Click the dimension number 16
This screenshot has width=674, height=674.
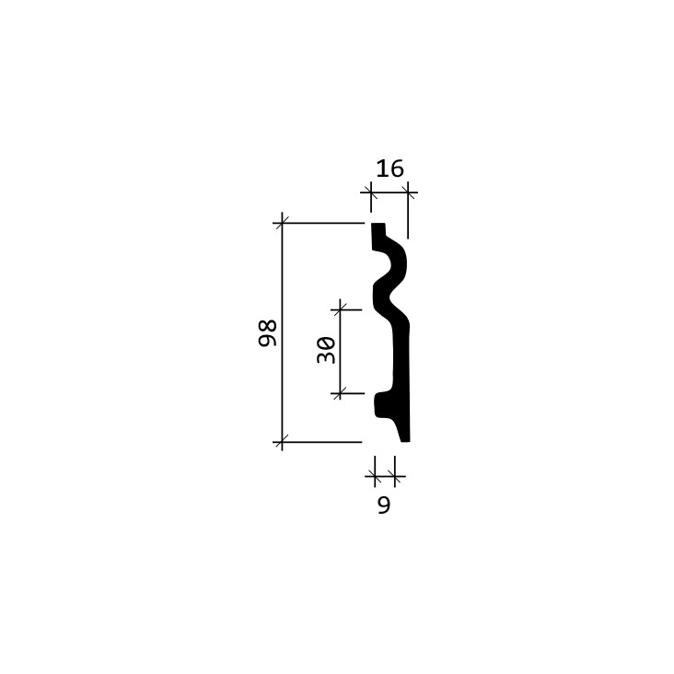point(389,168)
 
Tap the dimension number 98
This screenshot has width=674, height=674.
point(267,333)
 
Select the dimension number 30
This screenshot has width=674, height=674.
point(326,350)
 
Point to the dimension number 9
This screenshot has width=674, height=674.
point(384,505)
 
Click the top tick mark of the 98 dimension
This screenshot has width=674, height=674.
point(282,223)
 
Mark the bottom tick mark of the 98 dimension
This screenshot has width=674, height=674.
point(282,442)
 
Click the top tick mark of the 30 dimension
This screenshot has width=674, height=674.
point(340,309)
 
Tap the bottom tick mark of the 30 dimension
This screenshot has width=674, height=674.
point(340,393)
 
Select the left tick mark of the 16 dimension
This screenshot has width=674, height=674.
point(371,192)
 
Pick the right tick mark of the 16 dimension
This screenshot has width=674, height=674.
point(408,192)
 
